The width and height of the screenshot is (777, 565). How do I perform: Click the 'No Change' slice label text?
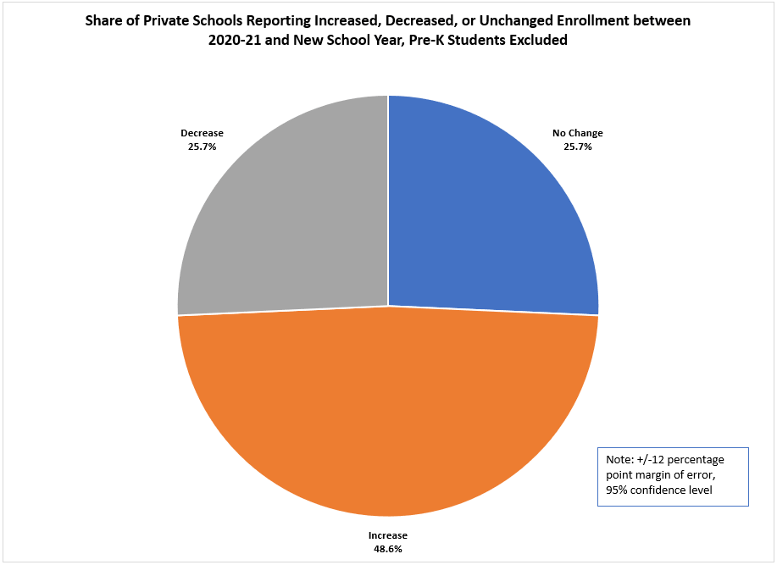[578, 133]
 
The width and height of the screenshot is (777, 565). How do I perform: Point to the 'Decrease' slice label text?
[202, 133]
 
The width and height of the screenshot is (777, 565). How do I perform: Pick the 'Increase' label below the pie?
[388, 535]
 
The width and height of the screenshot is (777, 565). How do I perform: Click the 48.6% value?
[388, 549]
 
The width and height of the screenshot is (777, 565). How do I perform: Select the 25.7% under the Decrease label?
[202, 147]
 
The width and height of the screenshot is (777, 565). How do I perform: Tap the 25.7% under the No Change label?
[578, 147]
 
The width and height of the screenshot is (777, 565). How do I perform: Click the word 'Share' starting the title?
[105, 20]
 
